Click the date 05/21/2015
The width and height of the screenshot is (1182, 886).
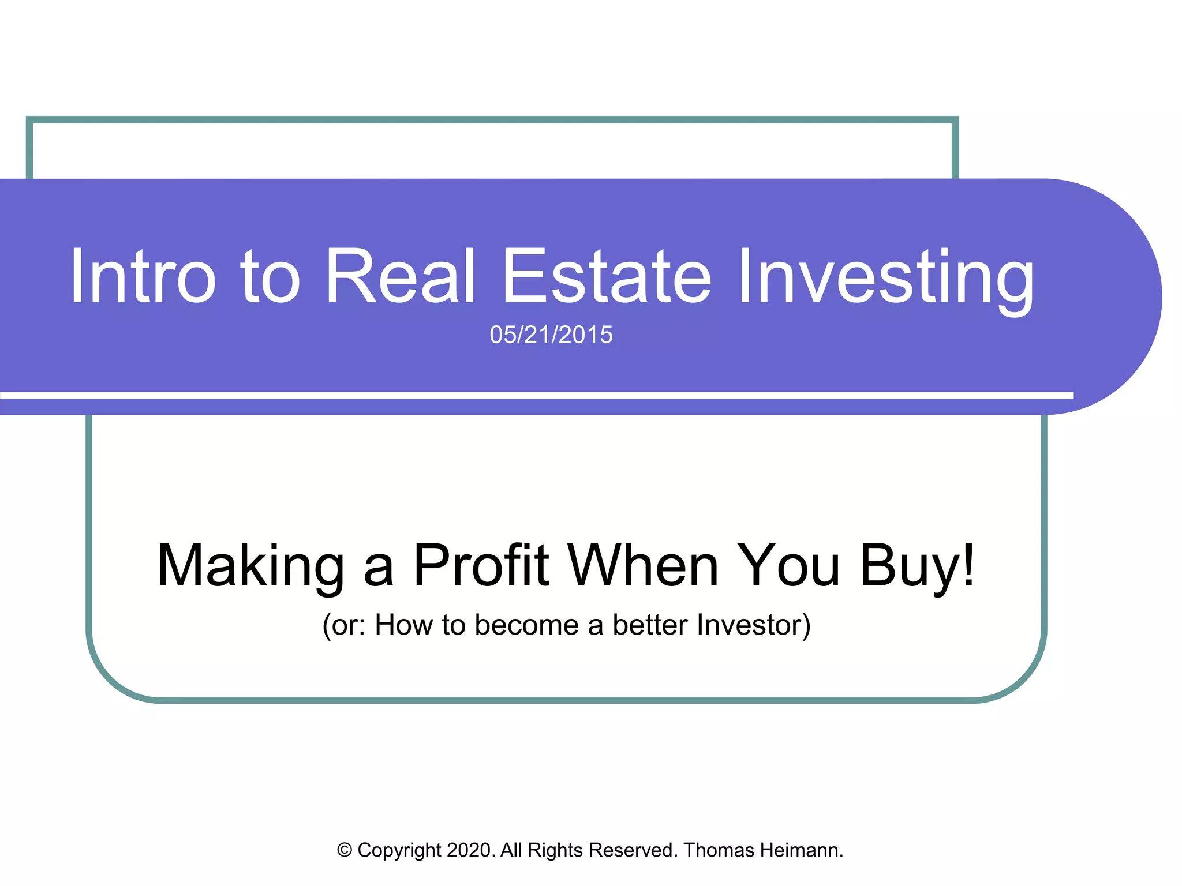551,335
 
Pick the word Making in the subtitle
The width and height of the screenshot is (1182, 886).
250,566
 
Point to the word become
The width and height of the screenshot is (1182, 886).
526,625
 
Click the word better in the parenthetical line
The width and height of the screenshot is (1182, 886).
650,625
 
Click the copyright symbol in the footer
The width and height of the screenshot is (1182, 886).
345,850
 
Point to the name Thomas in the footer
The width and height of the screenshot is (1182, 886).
719,850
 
